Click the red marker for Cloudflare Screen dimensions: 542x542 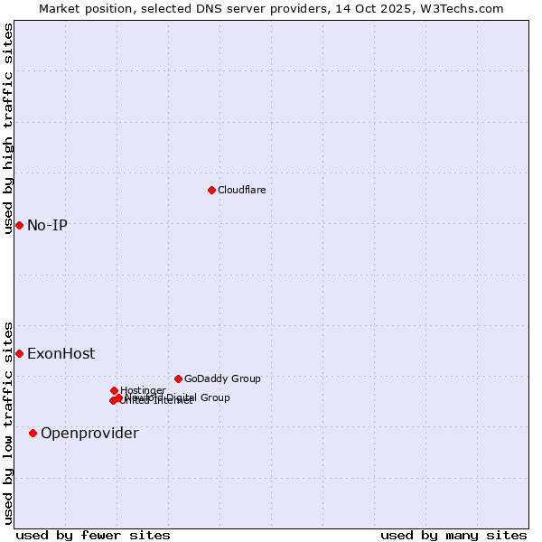(x=211, y=190)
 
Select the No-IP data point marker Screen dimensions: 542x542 (x=19, y=225)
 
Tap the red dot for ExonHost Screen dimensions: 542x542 (x=19, y=353)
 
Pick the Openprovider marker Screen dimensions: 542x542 (x=33, y=433)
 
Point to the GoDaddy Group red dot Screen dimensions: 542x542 (x=178, y=378)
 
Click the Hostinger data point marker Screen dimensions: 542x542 (x=114, y=390)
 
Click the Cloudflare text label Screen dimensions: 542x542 (x=241, y=190)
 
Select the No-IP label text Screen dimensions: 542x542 (x=47, y=225)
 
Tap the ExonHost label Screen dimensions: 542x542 (x=61, y=353)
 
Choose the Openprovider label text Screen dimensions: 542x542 (x=89, y=433)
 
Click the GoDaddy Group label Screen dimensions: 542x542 (x=221, y=378)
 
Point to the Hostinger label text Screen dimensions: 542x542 (x=143, y=390)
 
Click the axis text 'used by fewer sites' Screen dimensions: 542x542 (x=93, y=535)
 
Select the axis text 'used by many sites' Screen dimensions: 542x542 (x=453, y=535)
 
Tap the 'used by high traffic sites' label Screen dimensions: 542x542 (x=8, y=128)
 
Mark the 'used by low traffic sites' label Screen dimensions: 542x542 (x=8, y=422)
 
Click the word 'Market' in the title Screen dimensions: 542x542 (x=60, y=8)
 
